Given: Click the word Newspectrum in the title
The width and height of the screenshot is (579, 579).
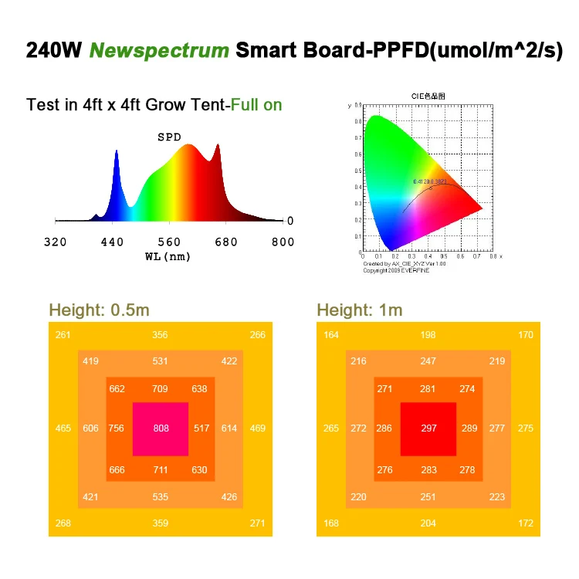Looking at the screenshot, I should pyautogui.click(x=159, y=51).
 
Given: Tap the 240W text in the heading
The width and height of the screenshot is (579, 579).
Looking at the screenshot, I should pyautogui.click(x=54, y=51).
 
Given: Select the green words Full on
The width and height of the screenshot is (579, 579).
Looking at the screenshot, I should pyautogui.click(x=252, y=104).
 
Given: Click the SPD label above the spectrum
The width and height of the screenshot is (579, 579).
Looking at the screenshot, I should pyautogui.click(x=169, y=137).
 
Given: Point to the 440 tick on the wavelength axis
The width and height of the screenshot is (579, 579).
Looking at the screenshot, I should pyautogui.click(x=113, y=242).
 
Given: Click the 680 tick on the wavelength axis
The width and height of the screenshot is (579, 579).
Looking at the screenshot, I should pyautogui.click(x=226, y=242).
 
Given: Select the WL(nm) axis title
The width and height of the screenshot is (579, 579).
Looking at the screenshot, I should pyautogui.click(x=168, y=256).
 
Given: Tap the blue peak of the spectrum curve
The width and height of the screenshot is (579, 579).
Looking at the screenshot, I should pyautogui.click(x=117, y=154).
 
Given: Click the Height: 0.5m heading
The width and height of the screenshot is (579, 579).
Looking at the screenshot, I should pyautogui.click(x=99, y=310).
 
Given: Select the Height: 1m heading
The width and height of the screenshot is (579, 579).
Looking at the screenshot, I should pyautogui.click(x=360, y=310).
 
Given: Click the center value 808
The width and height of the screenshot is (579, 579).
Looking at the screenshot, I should pyautogui.click(x=161, y=428).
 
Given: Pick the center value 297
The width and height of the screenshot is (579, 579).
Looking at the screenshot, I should pyautogui.click(x=428, y=428).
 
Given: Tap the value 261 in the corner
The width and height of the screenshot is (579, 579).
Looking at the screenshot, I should pyautogui.click(x=63, y=335).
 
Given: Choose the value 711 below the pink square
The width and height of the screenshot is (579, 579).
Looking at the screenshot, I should pyautogui.click(x=161, y=470).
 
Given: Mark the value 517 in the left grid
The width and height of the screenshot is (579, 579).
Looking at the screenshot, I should pyautogui.click(x=201, y=428).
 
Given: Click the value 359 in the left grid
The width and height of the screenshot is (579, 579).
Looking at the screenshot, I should pyautogui.click(x=161, y=523).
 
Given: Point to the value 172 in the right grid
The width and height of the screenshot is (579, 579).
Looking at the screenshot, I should pyautogui.click(x=526, y=523).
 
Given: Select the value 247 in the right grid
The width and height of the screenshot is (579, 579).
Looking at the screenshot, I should pyautogui.click(x=428, y=361).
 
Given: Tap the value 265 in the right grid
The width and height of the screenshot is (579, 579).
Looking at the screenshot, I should pyautogui.click(x=331, y=428).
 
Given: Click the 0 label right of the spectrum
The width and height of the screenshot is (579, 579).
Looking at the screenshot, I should pyautogui.click(x=289, y=221).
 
